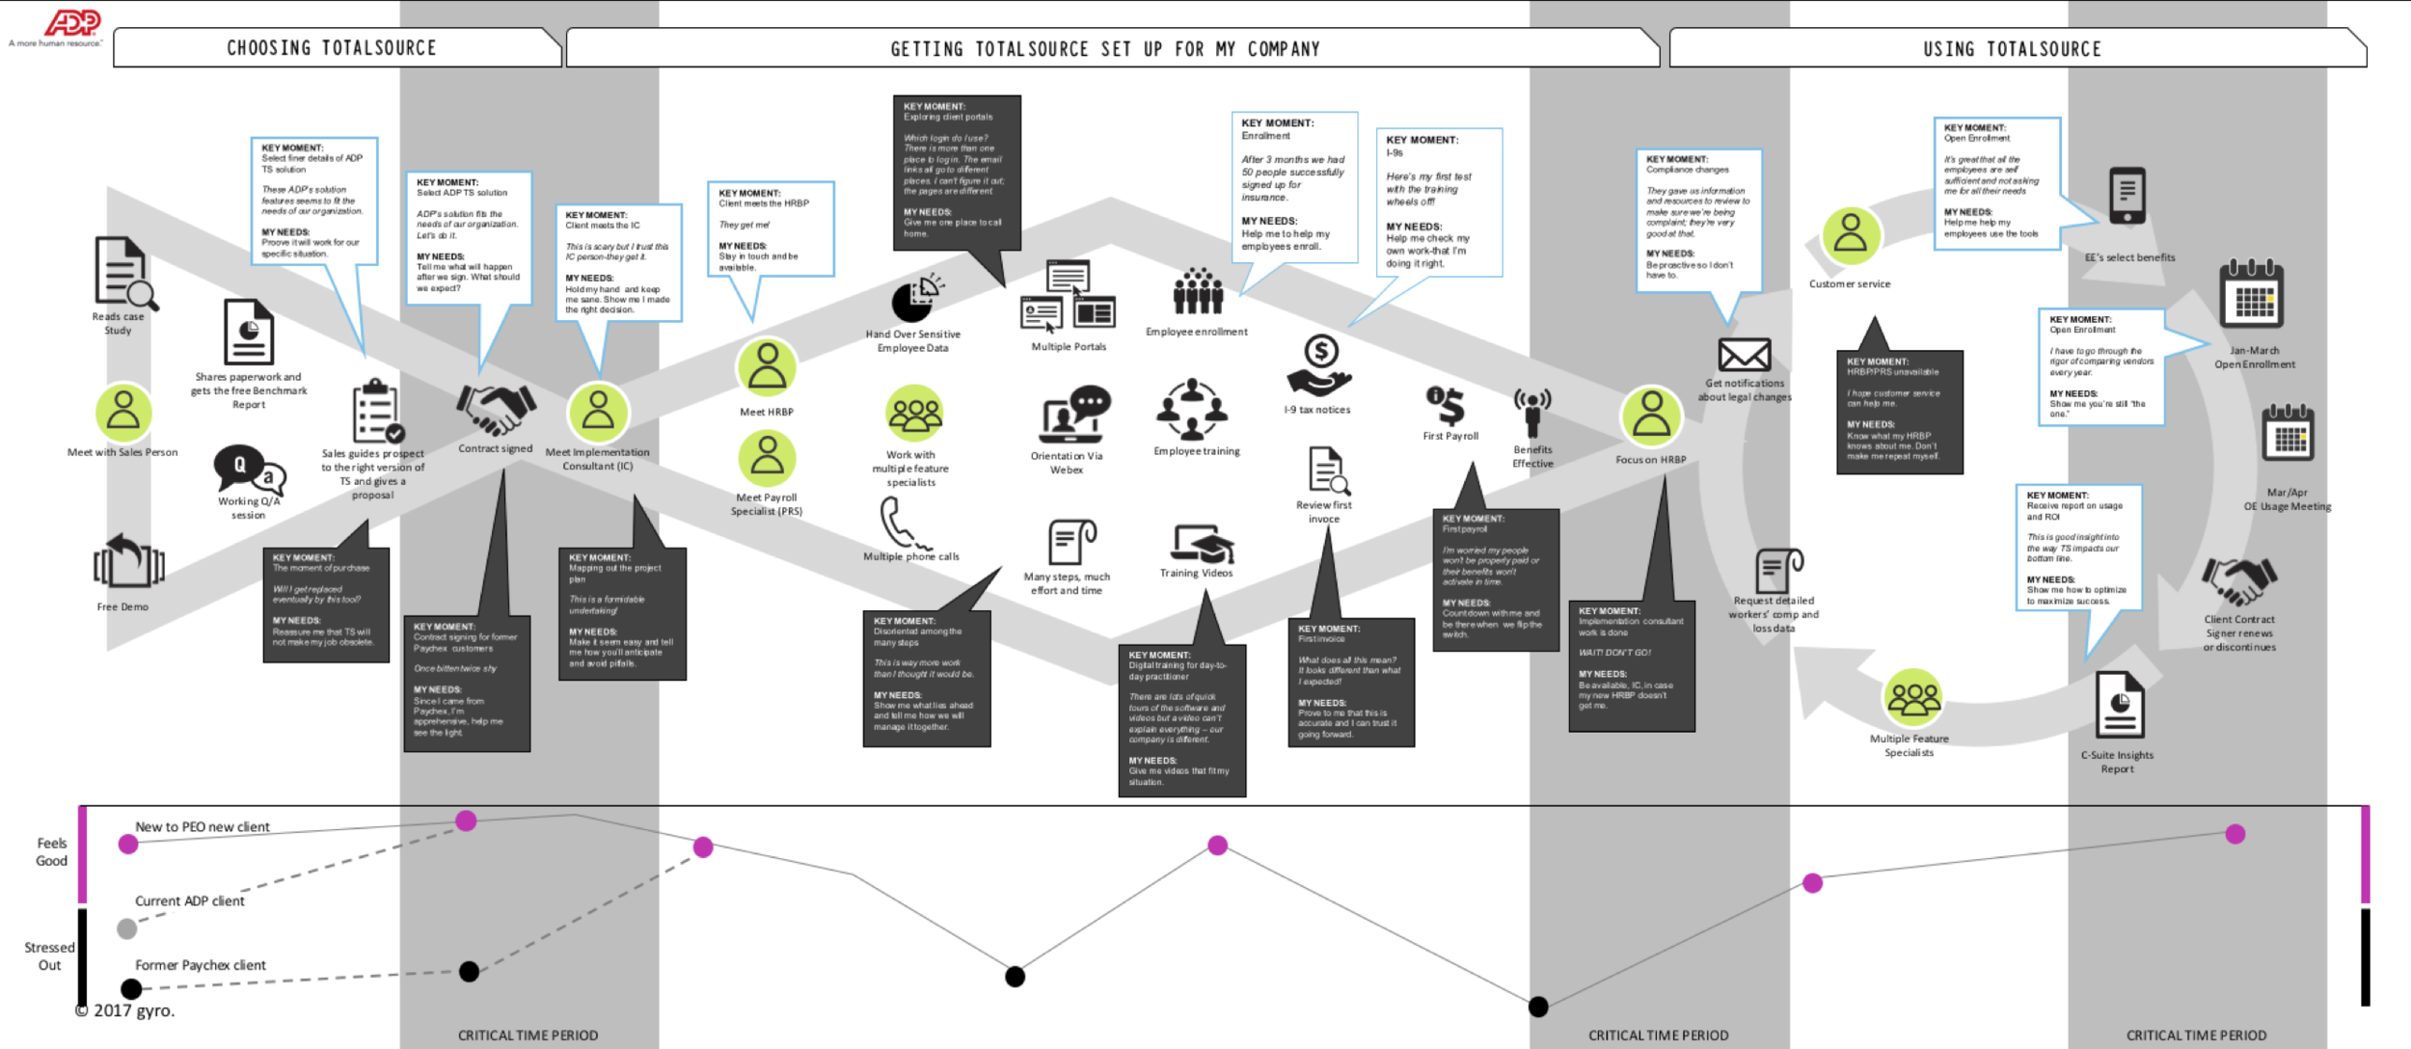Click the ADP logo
[73, 22]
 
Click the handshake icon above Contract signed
[496, 408]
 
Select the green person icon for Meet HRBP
[767, 367]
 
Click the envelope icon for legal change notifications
[1745, 355]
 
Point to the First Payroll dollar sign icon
[1447, 405]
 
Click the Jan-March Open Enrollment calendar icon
[2252, 296]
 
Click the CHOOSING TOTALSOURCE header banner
[332, 48]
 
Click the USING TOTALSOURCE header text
[2012, 49]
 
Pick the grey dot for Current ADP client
[126, 928]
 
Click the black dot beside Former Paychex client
[131, 988]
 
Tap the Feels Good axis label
[51, 851]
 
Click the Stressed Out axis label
[49, 956]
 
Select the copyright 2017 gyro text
[125, 1010]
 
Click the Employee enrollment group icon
[1198, 291]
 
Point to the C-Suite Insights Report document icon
[2120, 704]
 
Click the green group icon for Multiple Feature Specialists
[1913, 697]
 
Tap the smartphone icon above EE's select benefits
[2127, 196]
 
